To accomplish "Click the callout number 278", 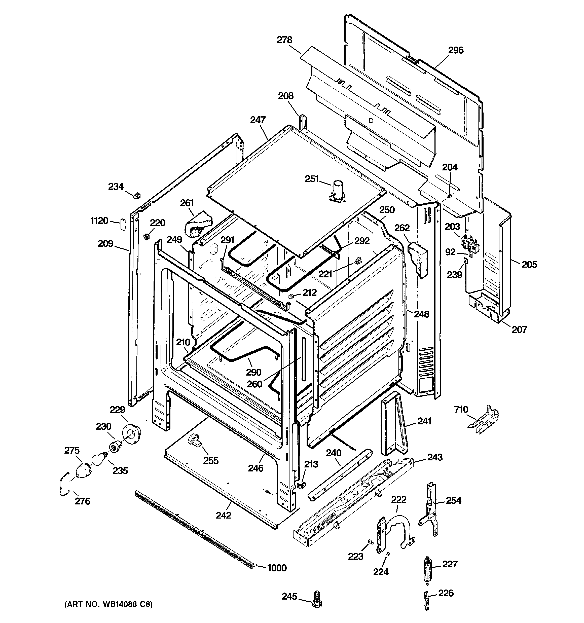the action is pyautogui.click(x=284, y=40).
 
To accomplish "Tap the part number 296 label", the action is pyautogui.click(x=455, y=50).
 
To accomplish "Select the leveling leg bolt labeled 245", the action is pyautogui.click(x=317, y=600).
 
